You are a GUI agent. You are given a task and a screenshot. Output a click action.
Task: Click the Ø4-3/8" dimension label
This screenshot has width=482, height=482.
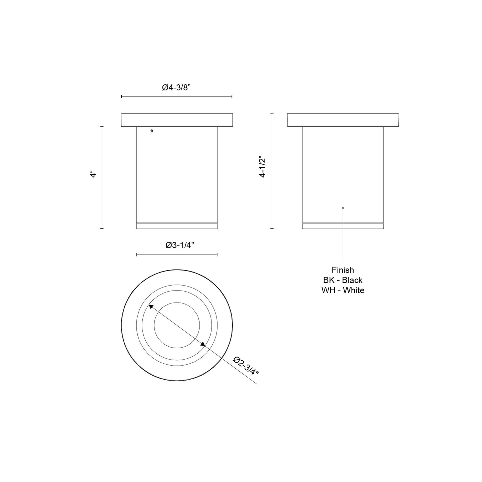[x=176, y=88]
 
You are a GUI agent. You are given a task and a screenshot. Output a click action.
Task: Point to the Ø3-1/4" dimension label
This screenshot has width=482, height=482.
[x=180, y=246]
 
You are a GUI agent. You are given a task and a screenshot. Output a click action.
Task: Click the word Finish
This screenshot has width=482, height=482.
[x=343, y=270]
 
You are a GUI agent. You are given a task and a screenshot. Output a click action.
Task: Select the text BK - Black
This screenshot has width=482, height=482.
[x=343, y=280]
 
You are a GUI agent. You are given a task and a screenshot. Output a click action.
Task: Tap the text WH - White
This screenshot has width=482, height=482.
[x=343, y=290]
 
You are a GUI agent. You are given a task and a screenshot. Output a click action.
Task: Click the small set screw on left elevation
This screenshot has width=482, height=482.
[x=152, y=131]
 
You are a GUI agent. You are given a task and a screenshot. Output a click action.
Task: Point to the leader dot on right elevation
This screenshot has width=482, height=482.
[x=343, y=208]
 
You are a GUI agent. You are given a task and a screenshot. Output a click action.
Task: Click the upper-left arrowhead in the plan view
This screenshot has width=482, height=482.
[x=151, y=307]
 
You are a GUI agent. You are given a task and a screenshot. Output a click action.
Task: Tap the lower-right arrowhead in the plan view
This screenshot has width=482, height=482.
[x=203, y=344]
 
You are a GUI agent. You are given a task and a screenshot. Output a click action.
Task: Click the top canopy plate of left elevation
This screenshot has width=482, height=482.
[x=176, y=120]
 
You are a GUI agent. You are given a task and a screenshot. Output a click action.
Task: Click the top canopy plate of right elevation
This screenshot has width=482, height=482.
[x=343, y=120]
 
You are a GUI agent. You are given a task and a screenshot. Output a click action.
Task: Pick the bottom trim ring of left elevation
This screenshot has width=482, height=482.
[x=177, y=226]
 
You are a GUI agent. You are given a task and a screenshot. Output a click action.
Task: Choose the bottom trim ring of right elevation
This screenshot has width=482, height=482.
[x=343, y=226]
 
